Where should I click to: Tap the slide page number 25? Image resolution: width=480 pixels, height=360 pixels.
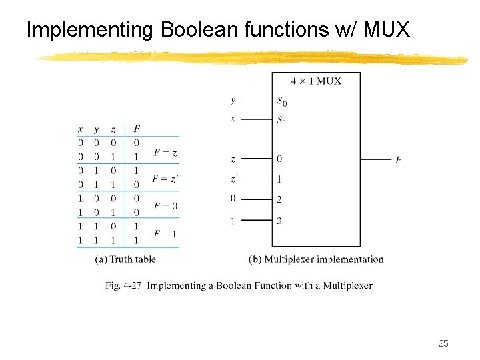[x=443, y=343]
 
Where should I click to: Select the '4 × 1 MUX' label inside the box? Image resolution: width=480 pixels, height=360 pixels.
[x=316, y=81]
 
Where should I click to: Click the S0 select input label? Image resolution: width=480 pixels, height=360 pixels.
[x=283, y=101]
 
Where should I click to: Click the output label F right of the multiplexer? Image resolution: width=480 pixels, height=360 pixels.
[x=398, y=160]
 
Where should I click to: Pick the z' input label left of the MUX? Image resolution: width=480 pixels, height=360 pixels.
[x=233, y=179]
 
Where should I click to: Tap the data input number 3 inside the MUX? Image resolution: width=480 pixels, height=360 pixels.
[x=279, y=221]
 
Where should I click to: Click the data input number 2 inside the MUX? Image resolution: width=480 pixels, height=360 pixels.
[x=279, y=199]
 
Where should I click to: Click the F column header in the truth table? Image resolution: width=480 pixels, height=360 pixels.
[x=137, y=129]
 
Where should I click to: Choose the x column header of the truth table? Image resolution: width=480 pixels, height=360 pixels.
[x=81, y=129]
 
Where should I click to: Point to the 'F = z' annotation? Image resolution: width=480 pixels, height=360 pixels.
[x=165, y=153]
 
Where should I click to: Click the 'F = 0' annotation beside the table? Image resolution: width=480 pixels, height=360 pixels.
[x=165, y=206]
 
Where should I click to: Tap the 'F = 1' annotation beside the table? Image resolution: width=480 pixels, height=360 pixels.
[x=165, y=233]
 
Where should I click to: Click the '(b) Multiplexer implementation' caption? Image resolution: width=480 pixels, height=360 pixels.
[x=316, y=259]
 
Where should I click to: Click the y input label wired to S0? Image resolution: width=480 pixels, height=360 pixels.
[x=233, y=101]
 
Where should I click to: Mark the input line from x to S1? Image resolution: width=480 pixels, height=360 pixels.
[x=256, y=119]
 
